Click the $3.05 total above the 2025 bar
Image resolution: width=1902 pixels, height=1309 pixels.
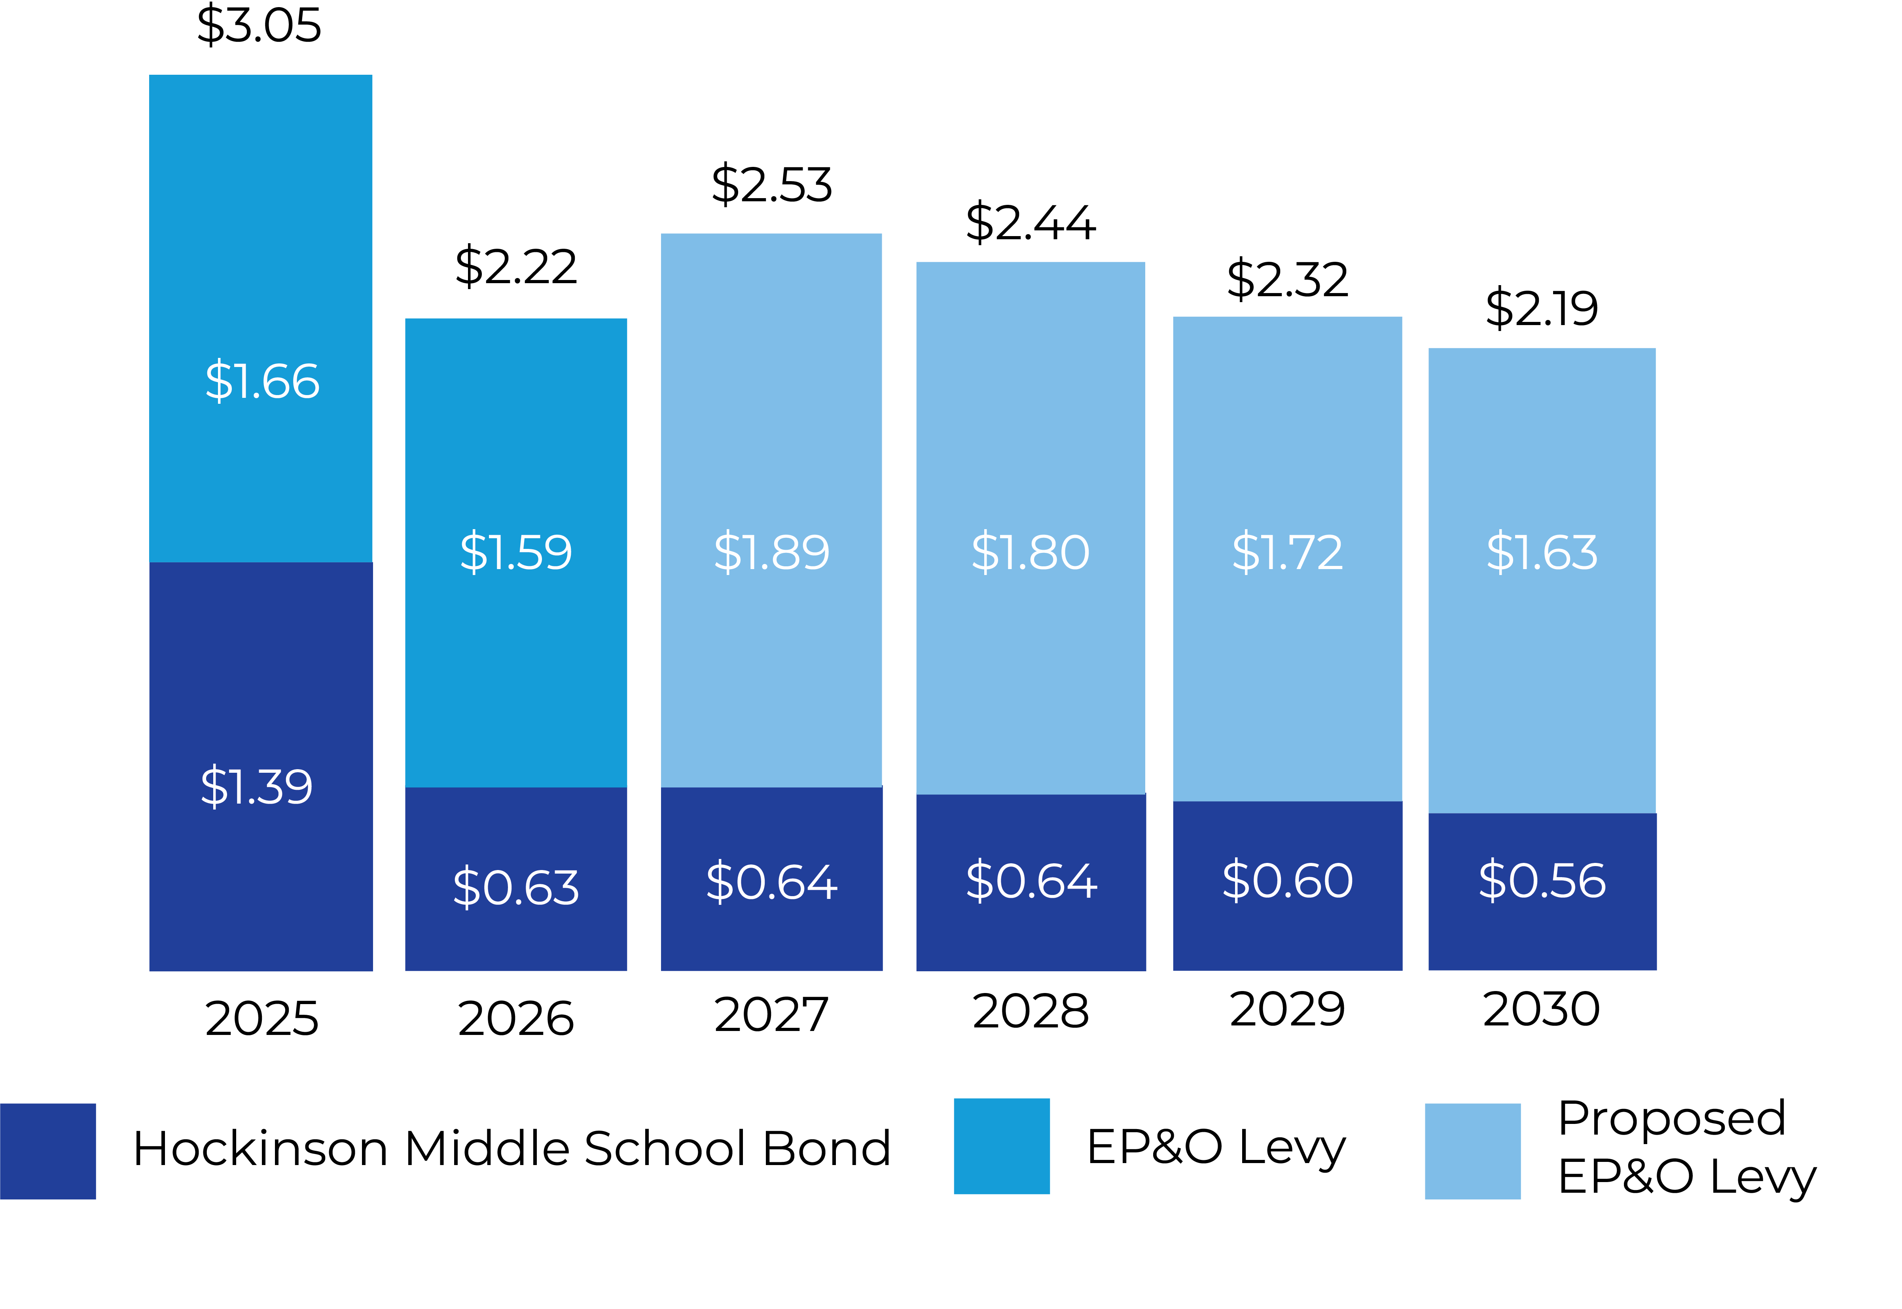[259, 25]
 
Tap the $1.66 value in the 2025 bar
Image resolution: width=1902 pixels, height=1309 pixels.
[261, 381]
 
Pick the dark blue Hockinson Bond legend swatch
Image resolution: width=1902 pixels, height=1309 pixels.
[47, 1152]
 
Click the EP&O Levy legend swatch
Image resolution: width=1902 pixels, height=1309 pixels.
[1002, 1146]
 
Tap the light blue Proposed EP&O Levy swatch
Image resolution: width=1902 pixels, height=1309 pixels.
[1472, 1152]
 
